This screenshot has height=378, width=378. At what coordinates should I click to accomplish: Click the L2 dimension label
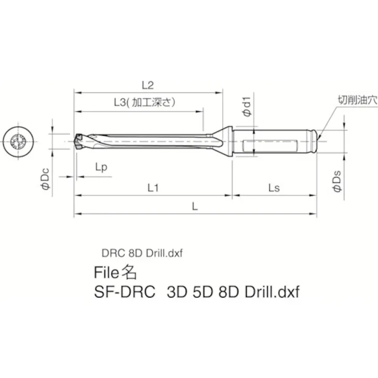coord(147,85)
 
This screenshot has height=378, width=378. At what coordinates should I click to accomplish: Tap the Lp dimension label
coord(101,167)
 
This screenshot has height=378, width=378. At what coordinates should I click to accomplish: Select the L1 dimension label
coord(153,187)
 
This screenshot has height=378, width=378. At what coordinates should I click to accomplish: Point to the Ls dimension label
coord(274,187)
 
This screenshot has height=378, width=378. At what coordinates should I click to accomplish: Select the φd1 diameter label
coord(246,107)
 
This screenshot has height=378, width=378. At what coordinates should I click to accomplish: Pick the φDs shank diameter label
coord(338,182)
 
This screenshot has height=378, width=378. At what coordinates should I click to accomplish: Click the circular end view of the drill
coord(17,141)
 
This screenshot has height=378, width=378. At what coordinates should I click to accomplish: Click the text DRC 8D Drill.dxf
coord(142,253)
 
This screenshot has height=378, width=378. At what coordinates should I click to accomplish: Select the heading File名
coord(115,272)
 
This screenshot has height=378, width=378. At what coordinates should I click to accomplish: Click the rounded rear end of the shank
coord(318,139)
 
